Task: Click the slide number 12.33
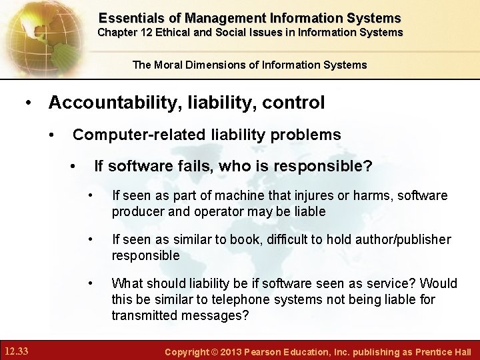tap(17, 350)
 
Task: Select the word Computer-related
tap(139, 135)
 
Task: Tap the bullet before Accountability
tap(27, 103)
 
